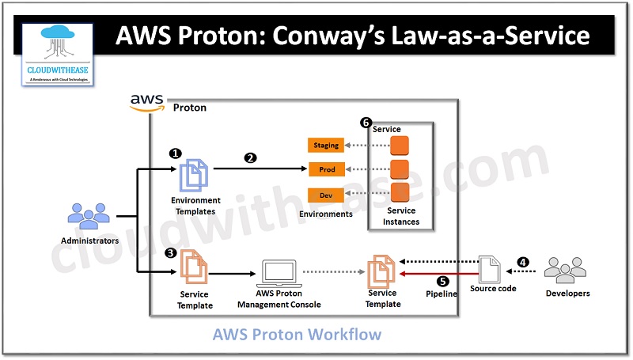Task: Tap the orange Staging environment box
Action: pyautogui.click(x=325, y=146)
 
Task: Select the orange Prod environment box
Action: pyautogui.click(x=325, y=170)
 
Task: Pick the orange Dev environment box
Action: pyautogui.click(x=325, y=195)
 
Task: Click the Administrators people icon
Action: pyautogui.click(x=89, y=216)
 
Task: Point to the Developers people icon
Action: pyautogui.click(x=567, y=270)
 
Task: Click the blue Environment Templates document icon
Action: pyautogui.click(x=195, y=174)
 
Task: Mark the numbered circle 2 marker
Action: pyautogui.click(x=250, y=157)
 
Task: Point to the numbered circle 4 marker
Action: pyautogui.click(x=522, y=261)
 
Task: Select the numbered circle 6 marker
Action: pyautogui.click(x=365, y=123)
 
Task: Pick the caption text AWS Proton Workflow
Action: pyautogui.click(x=296, y=335)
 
